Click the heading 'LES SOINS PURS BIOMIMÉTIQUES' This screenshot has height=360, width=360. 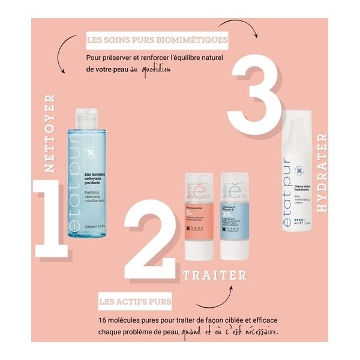[157, 41]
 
